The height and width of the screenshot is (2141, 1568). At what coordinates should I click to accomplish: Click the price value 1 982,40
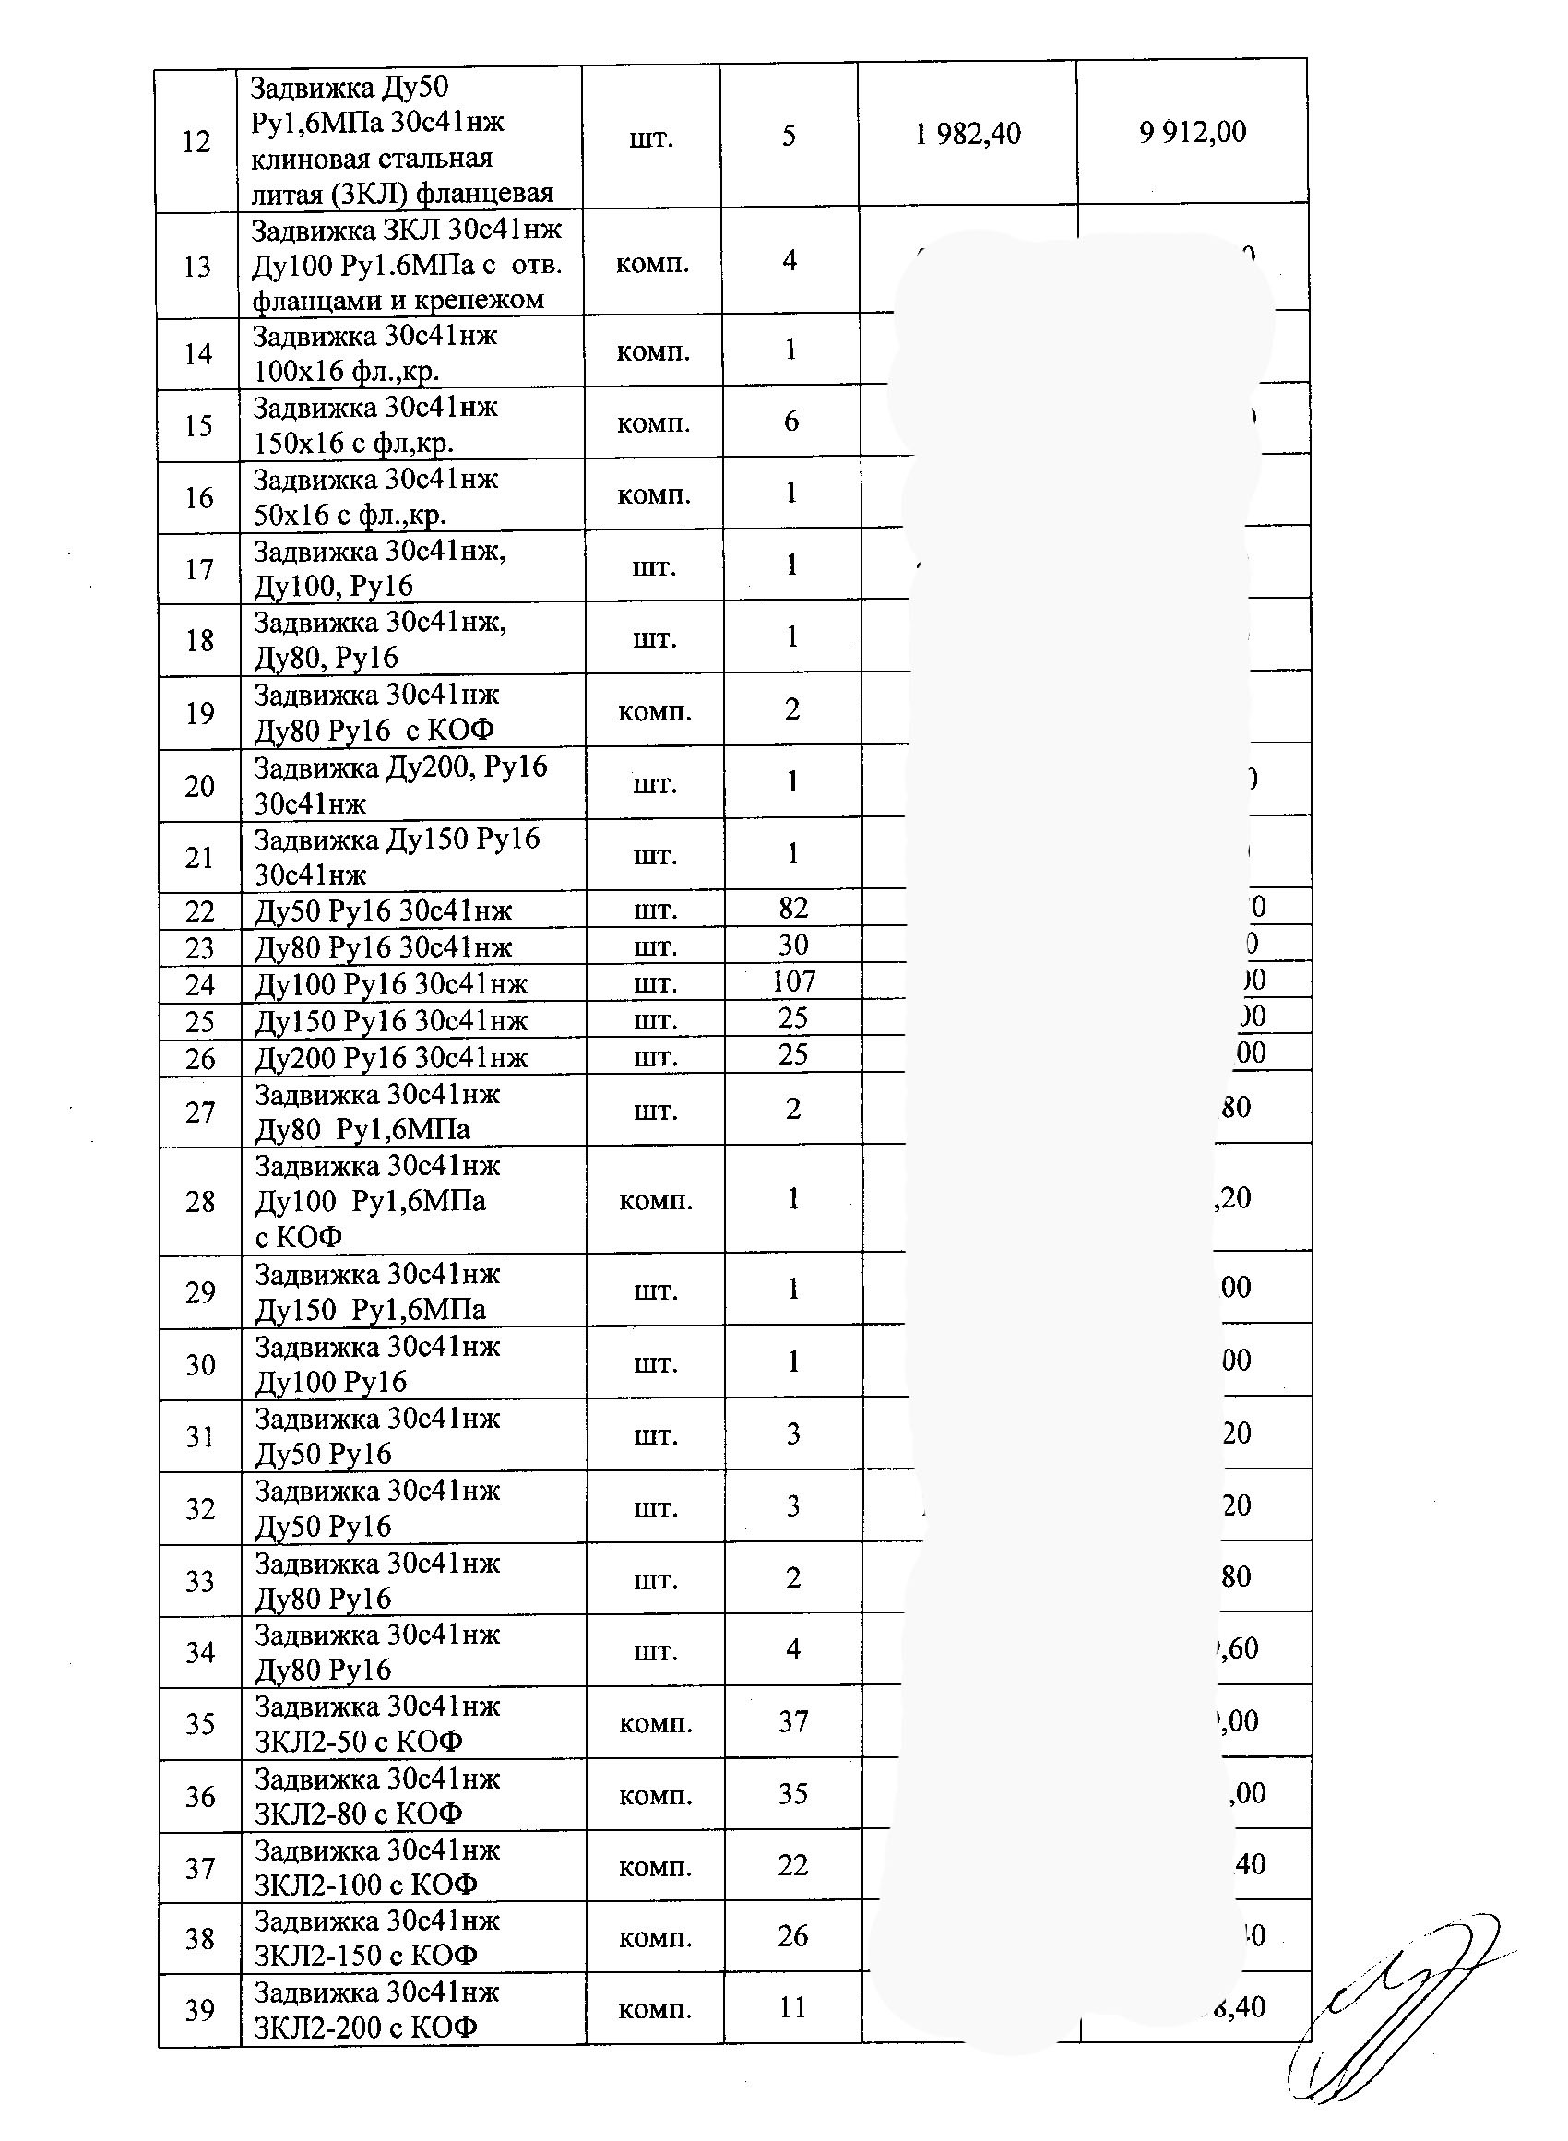point(968,134)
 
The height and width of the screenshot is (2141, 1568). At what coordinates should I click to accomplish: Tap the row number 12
point(196,141)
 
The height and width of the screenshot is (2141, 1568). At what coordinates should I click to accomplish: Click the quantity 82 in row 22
point(792,909)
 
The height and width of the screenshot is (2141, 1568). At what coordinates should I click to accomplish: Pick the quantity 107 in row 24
point(793,981)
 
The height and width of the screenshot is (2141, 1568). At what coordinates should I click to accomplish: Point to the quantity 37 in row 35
point(792,1721)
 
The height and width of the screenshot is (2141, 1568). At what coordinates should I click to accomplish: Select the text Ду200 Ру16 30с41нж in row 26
point(391,1057)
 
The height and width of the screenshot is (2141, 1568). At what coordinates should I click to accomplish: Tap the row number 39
point(199,2009)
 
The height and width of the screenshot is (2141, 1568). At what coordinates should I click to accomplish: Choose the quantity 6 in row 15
point(791,422)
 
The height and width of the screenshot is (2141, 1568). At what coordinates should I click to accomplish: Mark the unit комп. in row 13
point(652,263)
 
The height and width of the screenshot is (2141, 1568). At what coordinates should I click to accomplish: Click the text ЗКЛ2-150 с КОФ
point(365,1955)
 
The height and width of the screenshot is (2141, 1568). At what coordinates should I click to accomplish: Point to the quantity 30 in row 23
point(792,946)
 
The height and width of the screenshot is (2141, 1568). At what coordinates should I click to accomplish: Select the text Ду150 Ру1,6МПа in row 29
point(370,1310)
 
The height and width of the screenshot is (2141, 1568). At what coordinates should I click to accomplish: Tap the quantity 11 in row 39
point(792,2007)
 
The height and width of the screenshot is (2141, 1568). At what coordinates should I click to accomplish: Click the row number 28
point(199,1201)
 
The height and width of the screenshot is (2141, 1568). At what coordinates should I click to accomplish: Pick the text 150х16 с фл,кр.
point(353,443)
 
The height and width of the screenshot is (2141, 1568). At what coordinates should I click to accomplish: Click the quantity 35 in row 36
point(792,1793)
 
